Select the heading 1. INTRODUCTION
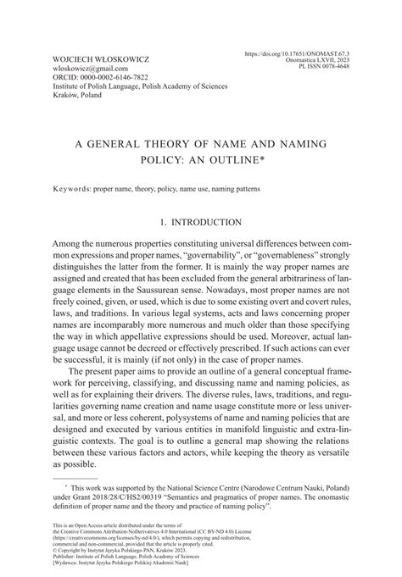pos(201,222)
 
